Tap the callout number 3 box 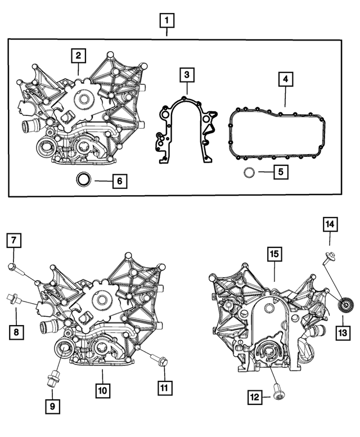187,75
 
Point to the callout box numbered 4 286,80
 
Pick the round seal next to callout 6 84,181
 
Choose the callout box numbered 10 102,389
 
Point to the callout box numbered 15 274,255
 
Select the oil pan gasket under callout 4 278,133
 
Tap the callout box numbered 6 119,181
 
